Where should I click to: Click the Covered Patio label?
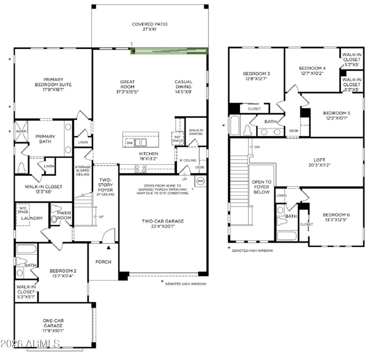point(150,24)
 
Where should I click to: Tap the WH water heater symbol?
point(201,181)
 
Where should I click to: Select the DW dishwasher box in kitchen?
point(130,143)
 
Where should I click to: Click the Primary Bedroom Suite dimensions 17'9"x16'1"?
point(53,89)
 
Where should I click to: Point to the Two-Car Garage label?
point(163,221)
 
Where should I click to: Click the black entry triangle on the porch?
point(109,248)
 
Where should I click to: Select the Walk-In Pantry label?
point(196,132)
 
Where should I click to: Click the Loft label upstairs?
point(319,160)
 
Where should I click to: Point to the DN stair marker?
point(255,147)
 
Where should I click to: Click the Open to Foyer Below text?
point(262,187)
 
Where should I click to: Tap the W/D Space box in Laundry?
point(23,215)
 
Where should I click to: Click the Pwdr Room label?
point(64,215)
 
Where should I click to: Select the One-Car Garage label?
point(53,323)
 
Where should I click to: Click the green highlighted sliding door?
point(169,51)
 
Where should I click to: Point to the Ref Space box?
point(177,139)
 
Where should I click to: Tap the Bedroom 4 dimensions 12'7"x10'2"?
point(312,73)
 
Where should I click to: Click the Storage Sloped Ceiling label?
point(83,171)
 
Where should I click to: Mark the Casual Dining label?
point(183,84)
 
